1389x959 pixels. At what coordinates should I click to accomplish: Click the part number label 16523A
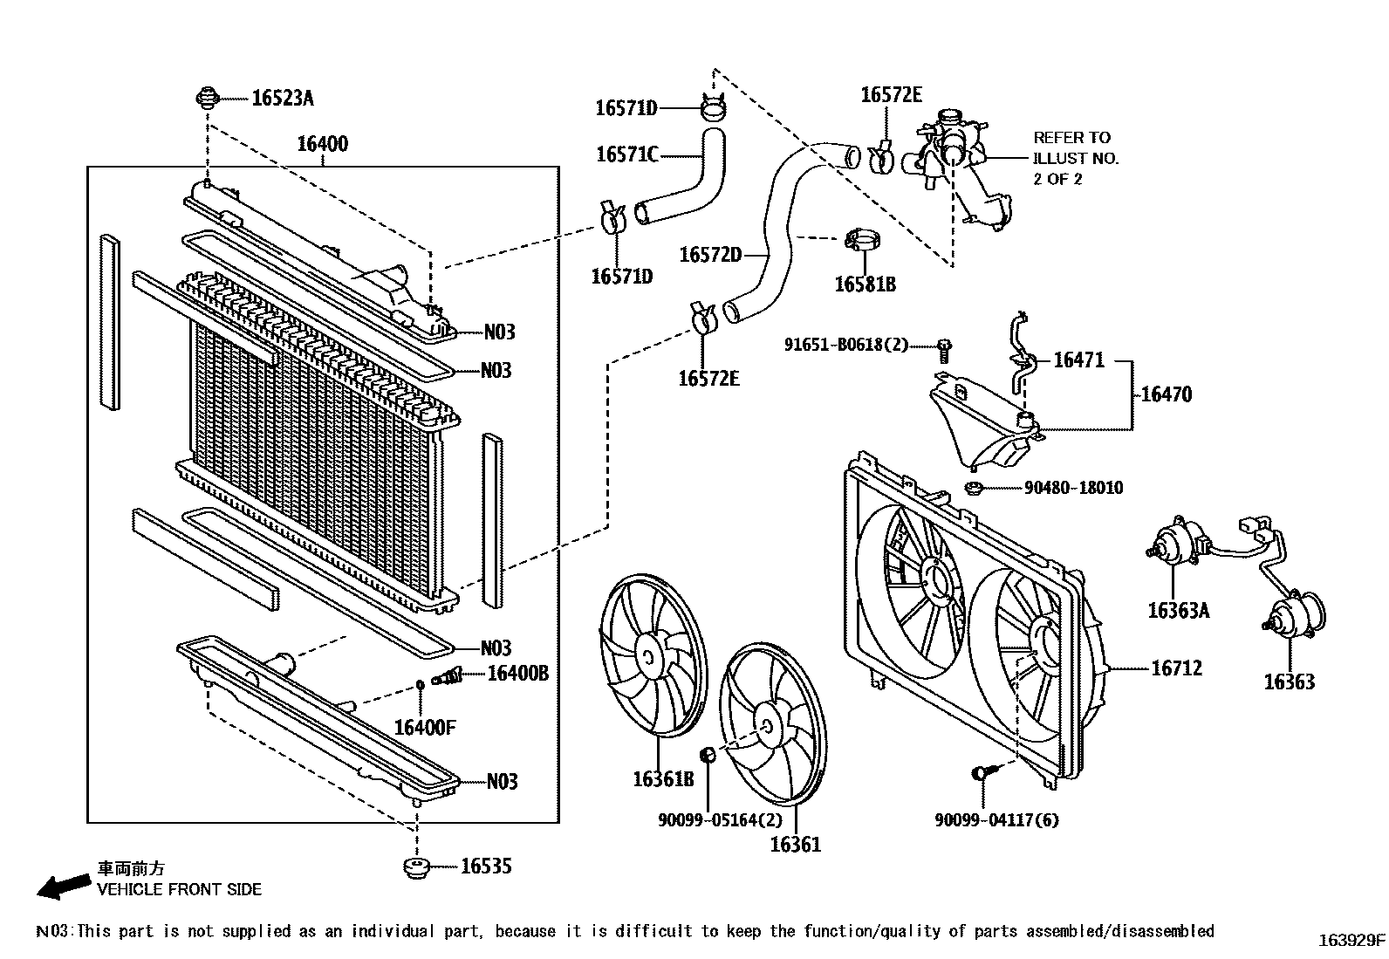[x=282, y=98]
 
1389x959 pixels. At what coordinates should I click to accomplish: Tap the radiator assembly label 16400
[x=322, y=144]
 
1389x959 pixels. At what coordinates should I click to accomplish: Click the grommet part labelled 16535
[x=415, y=867]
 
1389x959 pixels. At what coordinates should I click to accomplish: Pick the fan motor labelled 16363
[x=1294, y=615]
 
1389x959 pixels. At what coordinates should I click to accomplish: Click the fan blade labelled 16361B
[x=651, y=660]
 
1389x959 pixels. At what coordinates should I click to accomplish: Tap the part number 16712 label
[x=1176, y=668]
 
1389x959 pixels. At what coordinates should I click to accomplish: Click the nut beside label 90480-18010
[x=975, y=487]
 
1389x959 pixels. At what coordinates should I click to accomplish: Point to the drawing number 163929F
[x=1351, y=941]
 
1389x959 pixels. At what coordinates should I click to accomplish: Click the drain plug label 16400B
[x=517, y=673]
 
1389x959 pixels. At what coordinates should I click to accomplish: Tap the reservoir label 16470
[x=1166, y=394]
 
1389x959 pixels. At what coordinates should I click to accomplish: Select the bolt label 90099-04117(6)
[x=996, y=820]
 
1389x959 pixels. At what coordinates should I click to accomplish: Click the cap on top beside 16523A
[x=208, y=97]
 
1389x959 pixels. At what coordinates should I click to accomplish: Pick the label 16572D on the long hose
[x=709, y=255]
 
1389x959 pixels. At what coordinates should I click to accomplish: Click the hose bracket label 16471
[x=1078, y=360]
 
